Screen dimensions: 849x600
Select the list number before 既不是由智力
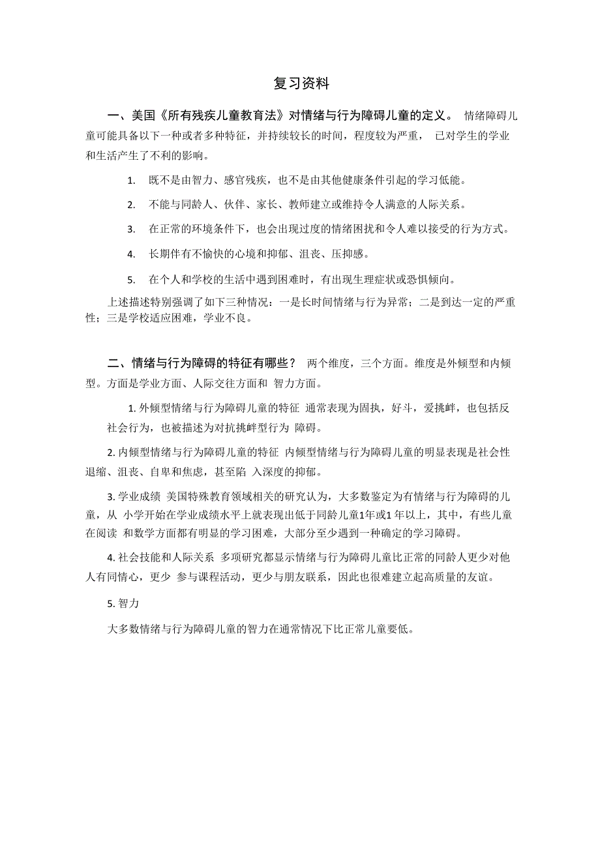pos(131,181)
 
